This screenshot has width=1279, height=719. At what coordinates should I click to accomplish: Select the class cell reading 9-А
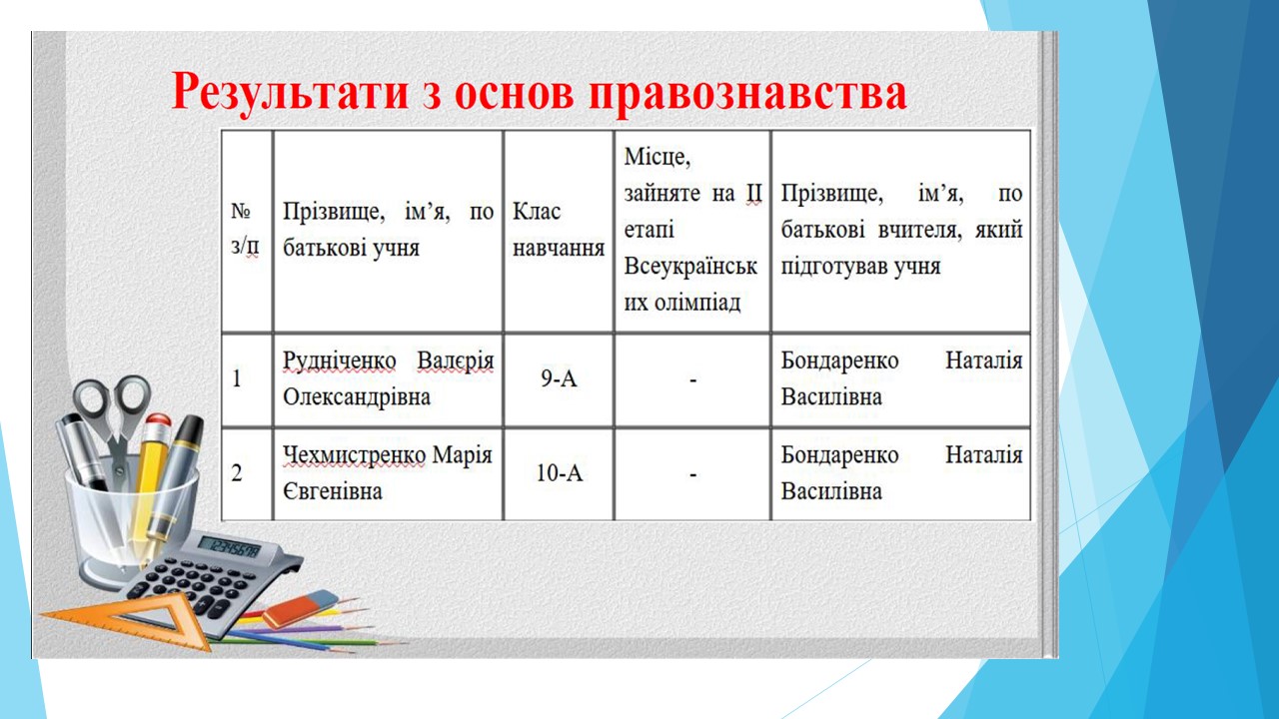(559, 378)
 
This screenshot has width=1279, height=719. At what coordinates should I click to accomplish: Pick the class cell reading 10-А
(559, 472)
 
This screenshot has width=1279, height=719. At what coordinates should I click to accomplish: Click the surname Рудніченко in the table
(339, 361)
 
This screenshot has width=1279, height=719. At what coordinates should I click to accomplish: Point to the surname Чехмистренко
(354, 455)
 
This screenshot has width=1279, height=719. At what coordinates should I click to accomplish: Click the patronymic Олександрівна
(357, 397)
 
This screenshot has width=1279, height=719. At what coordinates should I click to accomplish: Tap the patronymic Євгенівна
(333, 491)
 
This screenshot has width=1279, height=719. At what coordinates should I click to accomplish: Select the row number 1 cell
(247, 379)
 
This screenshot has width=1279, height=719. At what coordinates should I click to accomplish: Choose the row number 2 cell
(247, 474)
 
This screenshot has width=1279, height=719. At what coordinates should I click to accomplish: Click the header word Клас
(537, 212)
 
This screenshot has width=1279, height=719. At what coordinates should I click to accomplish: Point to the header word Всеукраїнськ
(690, 267)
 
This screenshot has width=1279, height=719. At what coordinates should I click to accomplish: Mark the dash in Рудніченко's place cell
(692, 379)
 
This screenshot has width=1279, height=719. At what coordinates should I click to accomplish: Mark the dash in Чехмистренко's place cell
(692, 474)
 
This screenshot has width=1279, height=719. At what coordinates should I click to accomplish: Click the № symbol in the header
(241, 212)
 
